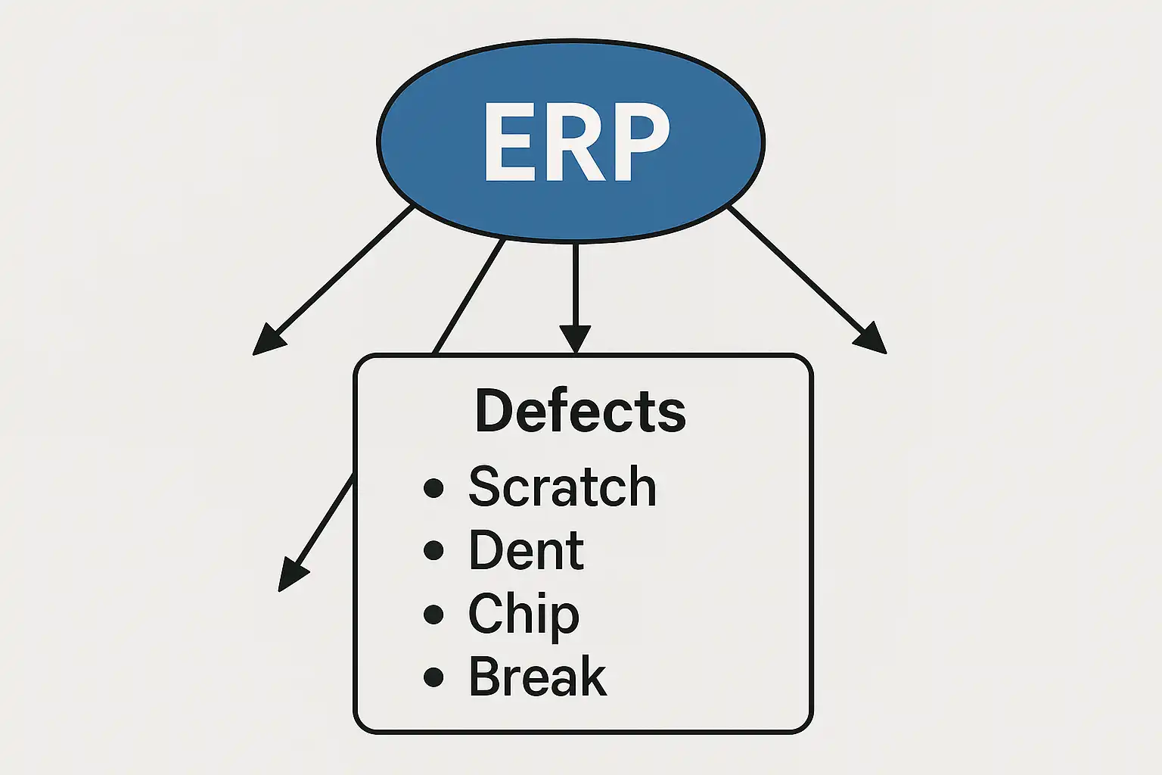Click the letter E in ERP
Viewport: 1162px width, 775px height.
508,142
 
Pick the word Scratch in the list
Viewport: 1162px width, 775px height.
562,487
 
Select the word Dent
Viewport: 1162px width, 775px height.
526,550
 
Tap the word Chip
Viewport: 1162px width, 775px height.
524,614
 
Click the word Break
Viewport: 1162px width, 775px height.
537,677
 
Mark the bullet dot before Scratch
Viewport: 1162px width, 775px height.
433,487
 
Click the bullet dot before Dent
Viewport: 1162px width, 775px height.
433,550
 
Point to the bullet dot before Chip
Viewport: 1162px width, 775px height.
433,614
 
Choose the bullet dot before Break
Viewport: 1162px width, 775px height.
433,677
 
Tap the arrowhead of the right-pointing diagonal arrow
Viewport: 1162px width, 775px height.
872,339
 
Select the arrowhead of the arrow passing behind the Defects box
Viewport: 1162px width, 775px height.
291,575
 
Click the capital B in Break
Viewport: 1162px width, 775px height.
484,677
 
